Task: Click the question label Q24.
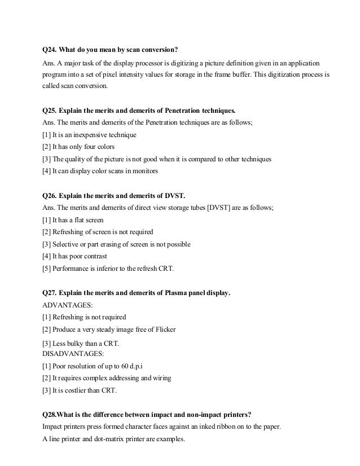[x=50, y=49]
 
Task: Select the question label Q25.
[x=50, y=109]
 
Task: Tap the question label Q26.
[x=50, y=195]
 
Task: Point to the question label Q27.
[x=50, y=293]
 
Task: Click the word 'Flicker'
[x=165, y=329]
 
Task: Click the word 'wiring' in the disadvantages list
[x=161, y=378]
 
